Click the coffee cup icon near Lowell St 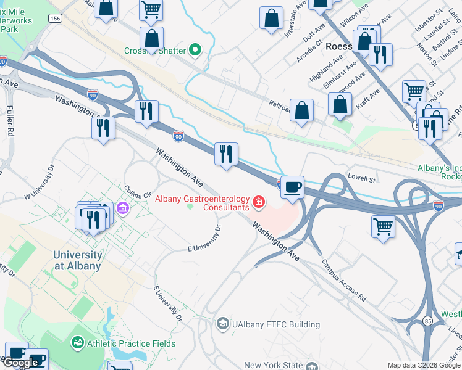click(292, 186)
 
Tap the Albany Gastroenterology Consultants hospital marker click(258, 202)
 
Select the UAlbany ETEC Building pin click(222, 324)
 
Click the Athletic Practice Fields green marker click(78, 342)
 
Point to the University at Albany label click(77, 260)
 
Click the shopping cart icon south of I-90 click(383, 226)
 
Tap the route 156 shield click(56, 18)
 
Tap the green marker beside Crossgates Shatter click(195, 49)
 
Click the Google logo click(20, 363)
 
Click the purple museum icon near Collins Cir click(123, 208)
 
